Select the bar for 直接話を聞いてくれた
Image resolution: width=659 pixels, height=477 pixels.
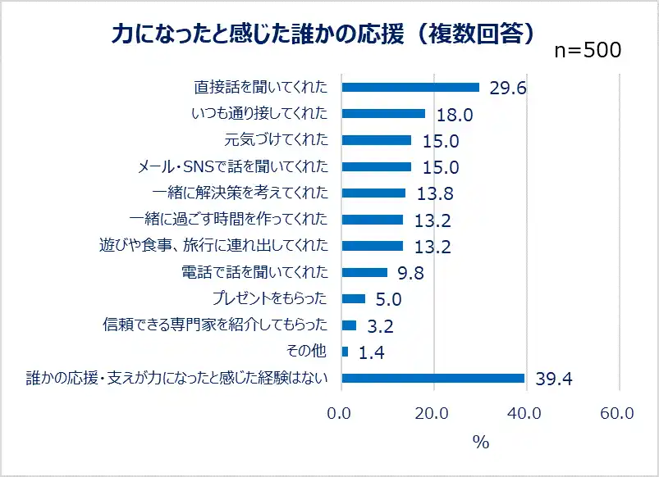point(410,88)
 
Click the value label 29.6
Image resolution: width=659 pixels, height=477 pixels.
point(507,89)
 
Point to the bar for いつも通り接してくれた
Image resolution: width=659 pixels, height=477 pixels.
point(383,114)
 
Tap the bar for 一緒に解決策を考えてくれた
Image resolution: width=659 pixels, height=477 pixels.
point(373,193)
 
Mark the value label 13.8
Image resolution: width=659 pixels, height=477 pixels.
point(434,194)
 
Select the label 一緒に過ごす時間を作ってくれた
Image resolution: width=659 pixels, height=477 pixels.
point(229,219)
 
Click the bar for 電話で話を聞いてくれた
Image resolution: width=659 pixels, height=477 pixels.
point(364,272)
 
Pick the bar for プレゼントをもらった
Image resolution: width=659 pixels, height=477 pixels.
point(353,298)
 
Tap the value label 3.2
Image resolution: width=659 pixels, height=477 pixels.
point(380,326)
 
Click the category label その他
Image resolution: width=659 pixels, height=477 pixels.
point(306,351)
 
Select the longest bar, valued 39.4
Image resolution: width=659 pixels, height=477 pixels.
point(432,378)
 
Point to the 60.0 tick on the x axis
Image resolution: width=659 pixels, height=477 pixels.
point(617,414)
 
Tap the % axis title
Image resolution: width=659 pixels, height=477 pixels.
point(481,443)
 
